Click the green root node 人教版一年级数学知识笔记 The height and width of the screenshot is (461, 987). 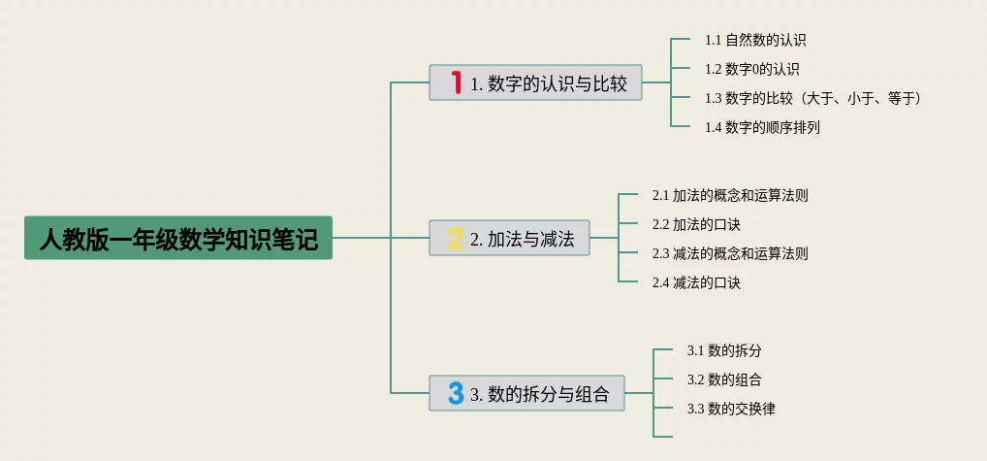click(178, 238)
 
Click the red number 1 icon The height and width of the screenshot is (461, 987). click(456, 82)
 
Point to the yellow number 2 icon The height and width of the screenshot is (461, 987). click(455, 239)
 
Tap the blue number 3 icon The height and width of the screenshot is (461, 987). click(455, 393)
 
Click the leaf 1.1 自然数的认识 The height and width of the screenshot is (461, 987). click(755, 41)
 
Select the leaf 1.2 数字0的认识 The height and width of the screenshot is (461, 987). click(751, 69)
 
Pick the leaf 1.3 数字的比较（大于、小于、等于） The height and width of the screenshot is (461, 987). click(812, 98)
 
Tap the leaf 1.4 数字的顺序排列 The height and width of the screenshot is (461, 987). click(762, 127)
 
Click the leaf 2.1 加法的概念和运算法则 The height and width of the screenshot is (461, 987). click(730, 195)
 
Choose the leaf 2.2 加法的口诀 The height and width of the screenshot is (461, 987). click(696, 224)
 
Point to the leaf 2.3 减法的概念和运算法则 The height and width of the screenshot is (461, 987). click(730, 253)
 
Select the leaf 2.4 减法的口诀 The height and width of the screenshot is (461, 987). click(696, 282)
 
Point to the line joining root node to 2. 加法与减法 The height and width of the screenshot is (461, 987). click(380, 238)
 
